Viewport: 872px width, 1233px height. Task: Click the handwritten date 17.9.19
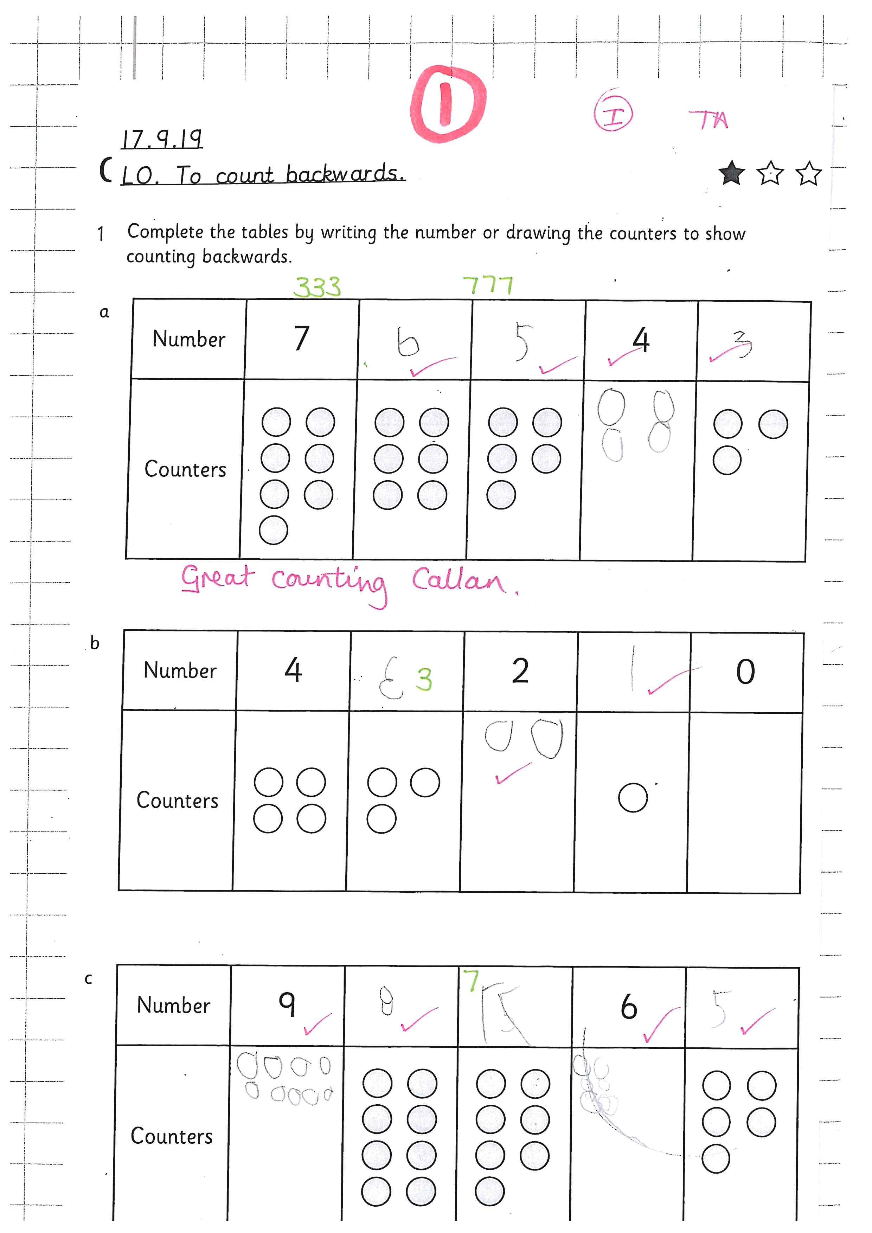coord(162,140)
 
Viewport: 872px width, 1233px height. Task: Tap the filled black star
coord(731,173)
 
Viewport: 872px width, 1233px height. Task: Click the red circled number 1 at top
coord(447,104)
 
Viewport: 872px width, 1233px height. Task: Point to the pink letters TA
coord(709,120)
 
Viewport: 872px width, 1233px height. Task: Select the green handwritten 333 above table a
coord(317,287)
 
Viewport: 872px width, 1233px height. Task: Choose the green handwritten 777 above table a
coord(488,286)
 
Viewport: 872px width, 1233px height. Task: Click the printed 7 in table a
coord(302,338)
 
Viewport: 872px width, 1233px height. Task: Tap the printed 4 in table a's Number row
coord(641,340)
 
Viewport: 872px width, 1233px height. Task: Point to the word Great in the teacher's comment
coord(216,578)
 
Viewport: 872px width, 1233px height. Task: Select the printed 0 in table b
coord(745,672)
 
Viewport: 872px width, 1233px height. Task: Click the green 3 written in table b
coord(424,679)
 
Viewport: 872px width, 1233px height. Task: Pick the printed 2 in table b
coord(520,671)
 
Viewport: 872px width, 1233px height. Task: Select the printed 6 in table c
coord(629,1007)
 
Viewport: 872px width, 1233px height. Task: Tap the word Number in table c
coord(173,1005)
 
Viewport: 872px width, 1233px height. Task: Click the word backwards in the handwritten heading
coord(345,174)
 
